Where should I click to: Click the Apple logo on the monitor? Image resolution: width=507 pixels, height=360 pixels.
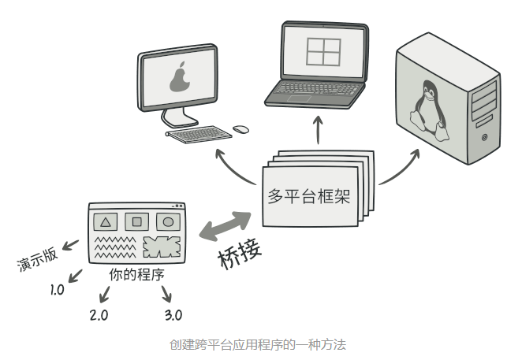pos(181,78)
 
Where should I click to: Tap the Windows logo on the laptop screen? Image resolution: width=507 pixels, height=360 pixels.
pos(322,51)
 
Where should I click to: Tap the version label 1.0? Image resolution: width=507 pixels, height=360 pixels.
pos(57,290)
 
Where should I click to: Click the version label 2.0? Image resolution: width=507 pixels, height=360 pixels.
pos(99,315)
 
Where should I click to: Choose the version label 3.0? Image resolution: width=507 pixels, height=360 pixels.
pos(173,315)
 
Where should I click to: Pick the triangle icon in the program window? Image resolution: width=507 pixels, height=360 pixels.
pos(107,221)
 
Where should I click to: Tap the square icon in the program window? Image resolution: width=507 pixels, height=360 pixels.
pos(136,221)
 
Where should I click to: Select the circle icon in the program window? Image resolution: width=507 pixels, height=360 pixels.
pos(166,221)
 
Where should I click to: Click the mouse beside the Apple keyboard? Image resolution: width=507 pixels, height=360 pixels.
pos(241,128)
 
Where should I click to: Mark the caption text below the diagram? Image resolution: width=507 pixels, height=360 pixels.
pos(258,344)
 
